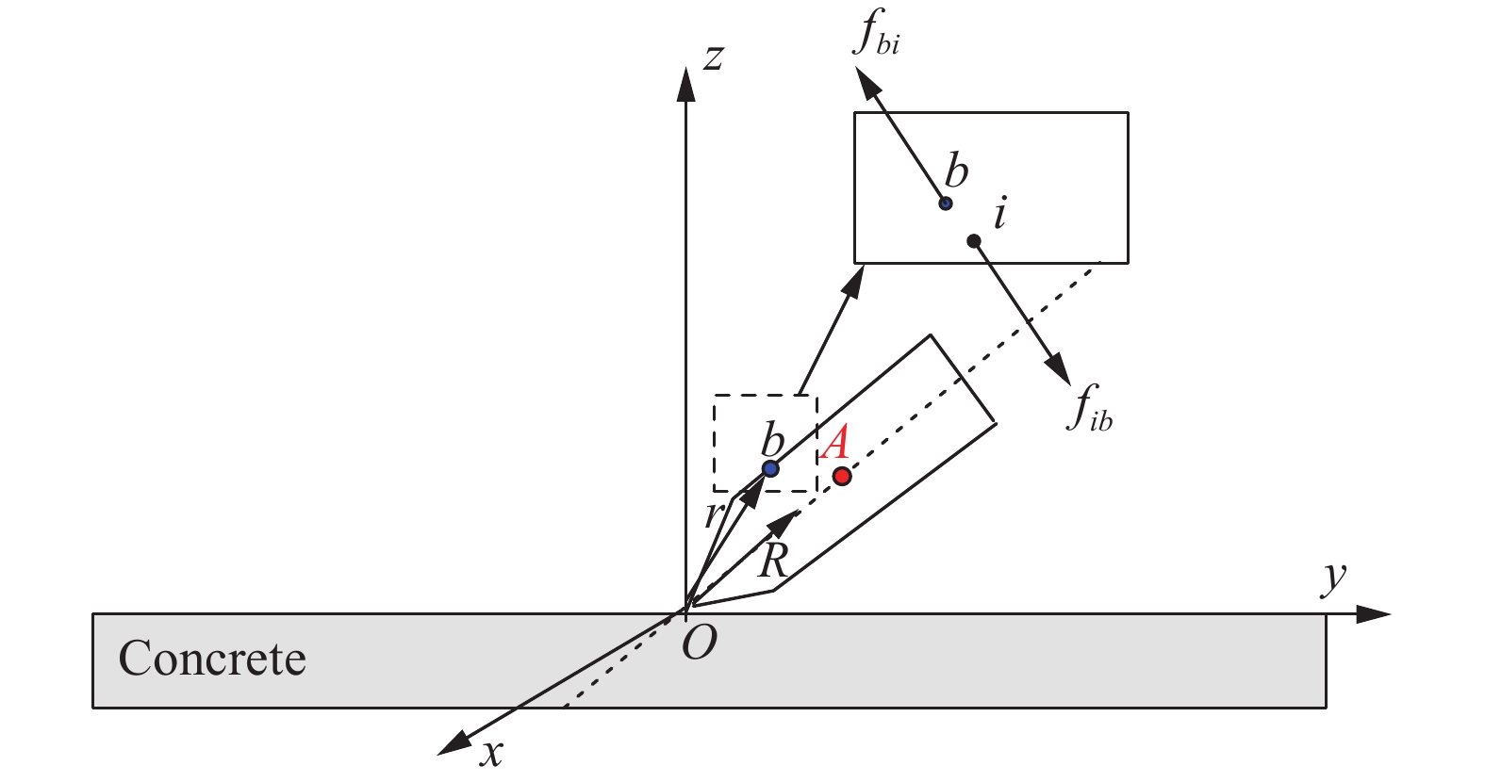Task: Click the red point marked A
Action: tap(842, 476)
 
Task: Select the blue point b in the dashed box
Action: tap(770, 468)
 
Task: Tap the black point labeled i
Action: tap(974, 241)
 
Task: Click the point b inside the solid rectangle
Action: tap(946, 203)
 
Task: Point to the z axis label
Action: tap(714, 58)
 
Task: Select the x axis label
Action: tap(491, 753)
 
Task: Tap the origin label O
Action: tap(699, 644)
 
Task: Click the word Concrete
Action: tap(212, 659)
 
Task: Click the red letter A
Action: tap(836, 441)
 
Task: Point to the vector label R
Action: tap(773, 561)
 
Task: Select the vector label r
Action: tap(714, 514)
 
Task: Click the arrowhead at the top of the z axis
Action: tap(685, 80)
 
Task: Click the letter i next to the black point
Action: tap(1000, 214)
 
